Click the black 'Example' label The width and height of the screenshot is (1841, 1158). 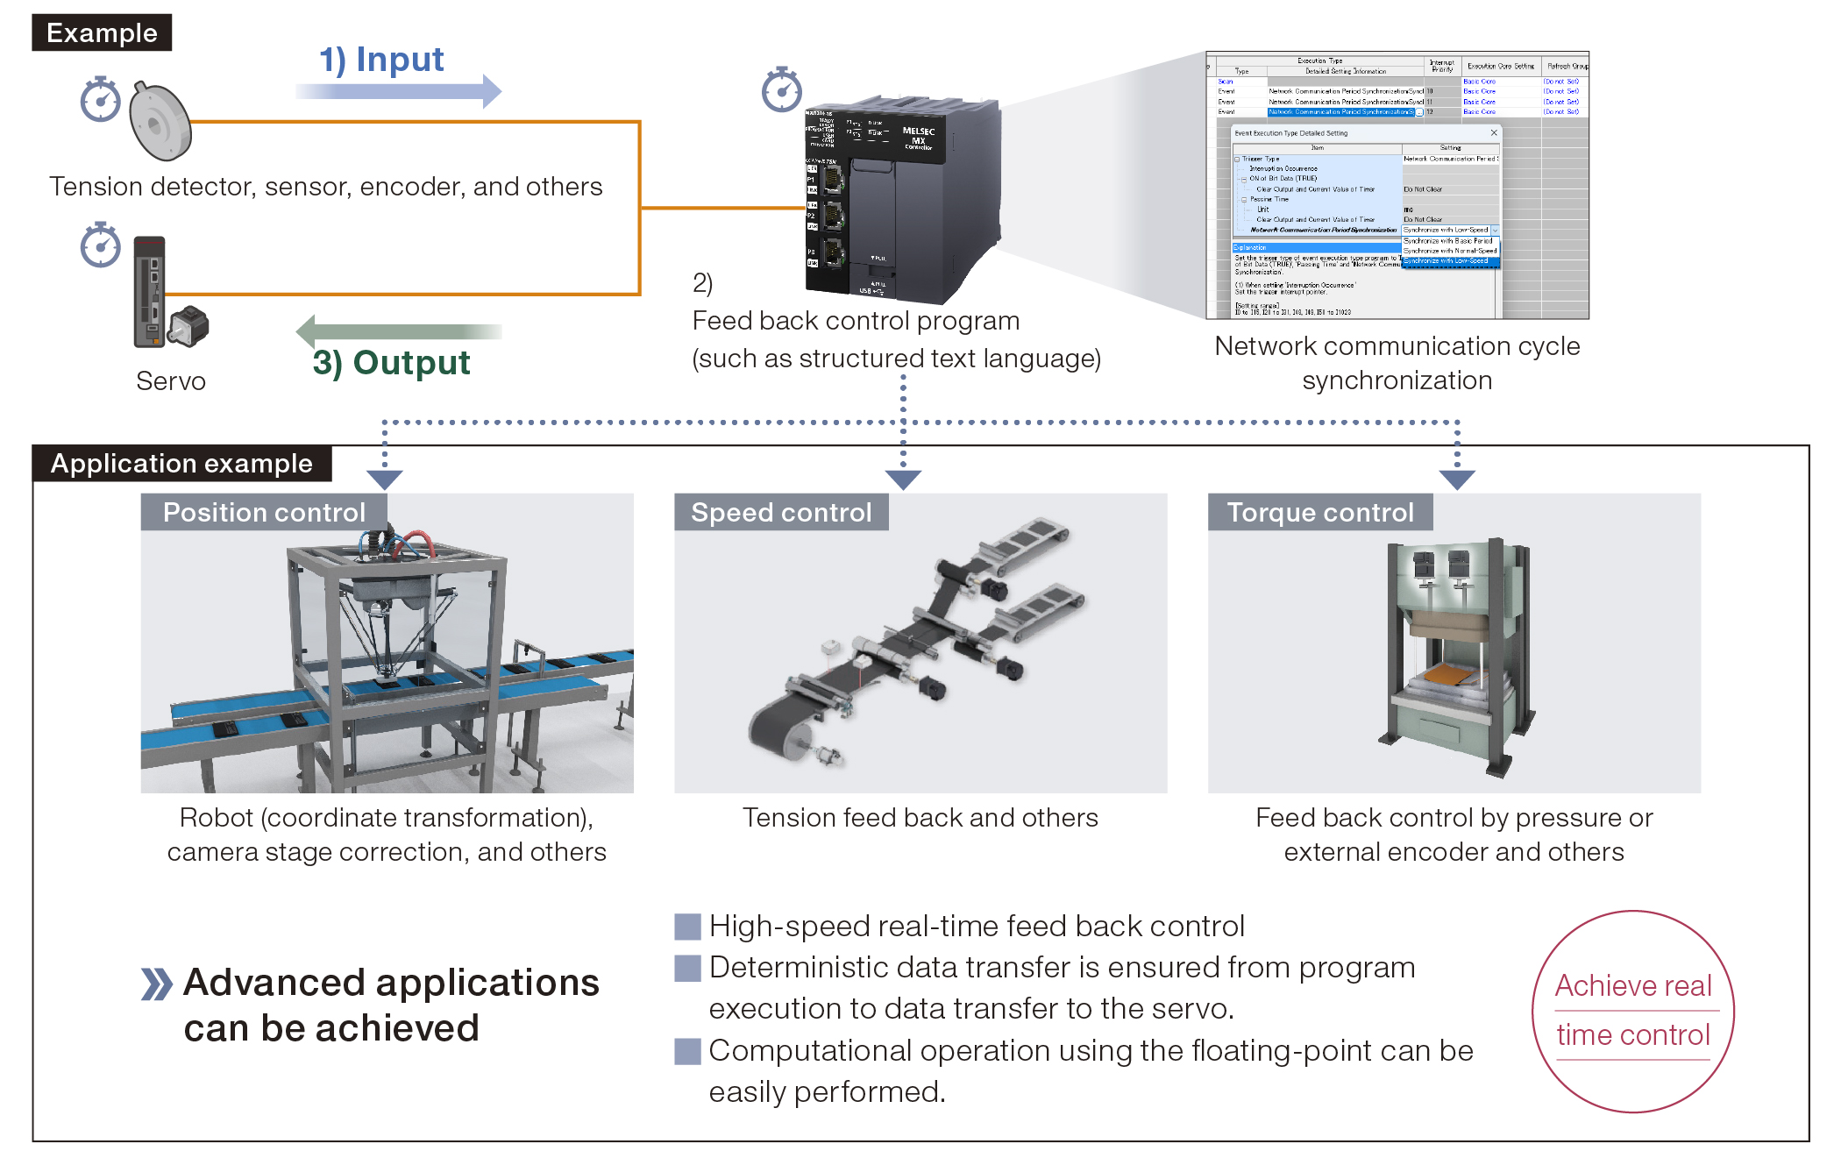[x=102, y=32]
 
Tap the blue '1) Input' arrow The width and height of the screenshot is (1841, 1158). [x=399, y=90]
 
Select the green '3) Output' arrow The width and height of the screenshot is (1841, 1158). [x=399, y=331]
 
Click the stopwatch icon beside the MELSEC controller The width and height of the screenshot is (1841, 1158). [x=781, y=89]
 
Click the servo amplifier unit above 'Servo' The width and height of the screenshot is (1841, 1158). [x=150, y=291]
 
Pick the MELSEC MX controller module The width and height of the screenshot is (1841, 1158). [x=903, y=202]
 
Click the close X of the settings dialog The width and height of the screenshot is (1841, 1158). [x=1494, y=133]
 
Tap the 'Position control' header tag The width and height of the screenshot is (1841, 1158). [x=264, y=512]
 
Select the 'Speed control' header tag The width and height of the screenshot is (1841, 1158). [x=781, y=512]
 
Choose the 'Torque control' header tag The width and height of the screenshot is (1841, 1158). [x=1320, y=512]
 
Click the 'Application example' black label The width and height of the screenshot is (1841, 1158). [x=181, y=463]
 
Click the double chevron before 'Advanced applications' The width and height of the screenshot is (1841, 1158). [x=157, y=984]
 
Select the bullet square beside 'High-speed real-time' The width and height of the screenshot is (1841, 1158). [x=687, y=927]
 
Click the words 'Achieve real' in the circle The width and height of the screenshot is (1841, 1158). [x=1633, y=985]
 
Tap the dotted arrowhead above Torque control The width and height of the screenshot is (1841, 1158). [x=1457, y=480]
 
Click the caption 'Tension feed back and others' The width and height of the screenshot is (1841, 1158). [x=920, y=817]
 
